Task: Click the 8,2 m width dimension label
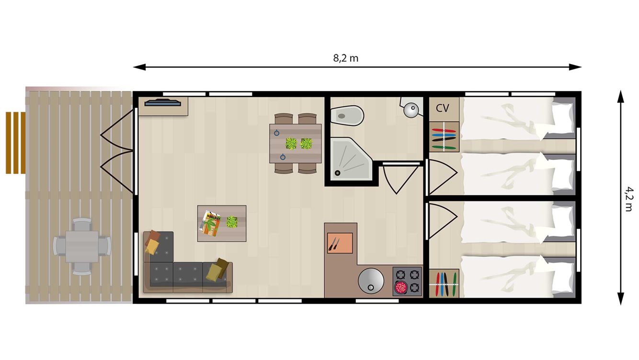pyautogui.click(x=345, y=58)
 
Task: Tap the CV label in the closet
pyautogui.click(x=442, y=108)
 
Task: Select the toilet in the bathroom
pyautogui.click(x=348, y=115)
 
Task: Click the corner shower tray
pyautogui.click(x=351, y=158)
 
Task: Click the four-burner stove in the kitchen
pyautogui.click(x=407, y=281)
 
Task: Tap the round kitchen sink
pyautogui.click(x=371, y=280)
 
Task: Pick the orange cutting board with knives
pyautogui.click(x=340, y=243)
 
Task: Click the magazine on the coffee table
pyautogui.click(x=210, y=223)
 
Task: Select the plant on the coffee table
pyautogui.click(x=232, y=222)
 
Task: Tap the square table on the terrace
pyautogui.click(x=82, y=247)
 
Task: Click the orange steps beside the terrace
pyautogui.click(x=15, y=143)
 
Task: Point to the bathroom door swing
pyautogui.click(x=397, y=179)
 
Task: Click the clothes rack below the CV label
pyautogui.click(x=444, y=137)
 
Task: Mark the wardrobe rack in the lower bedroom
pyautogui.click(x=444, y=284)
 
